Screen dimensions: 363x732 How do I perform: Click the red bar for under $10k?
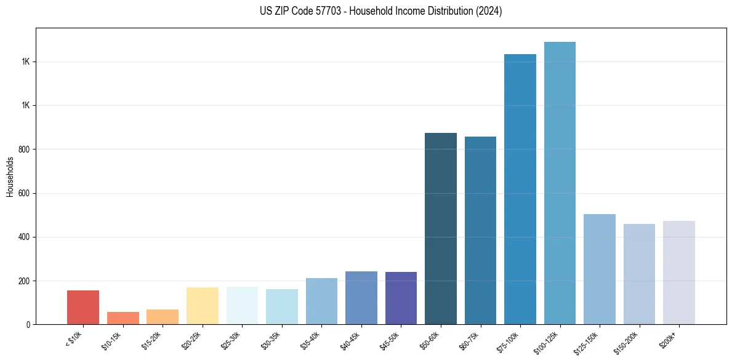pyautogui.click(x=83, y=307)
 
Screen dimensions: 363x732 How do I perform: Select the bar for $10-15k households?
pyautogui.click(x=123, y=318)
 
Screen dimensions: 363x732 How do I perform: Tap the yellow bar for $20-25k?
pyautogui.click(x=203, y=306)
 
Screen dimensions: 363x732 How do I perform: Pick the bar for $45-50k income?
pyautogui.click(x=401, y=298)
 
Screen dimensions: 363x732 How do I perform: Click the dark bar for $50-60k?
pyautogui.click(x=441, y=228)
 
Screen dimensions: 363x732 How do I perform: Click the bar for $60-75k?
pyautogui.click(x=480, y=230)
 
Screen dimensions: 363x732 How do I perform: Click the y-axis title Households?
pyautogui.click(x=10, y=177)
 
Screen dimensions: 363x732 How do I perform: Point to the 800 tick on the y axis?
pyautogui.click(x=25, y=150)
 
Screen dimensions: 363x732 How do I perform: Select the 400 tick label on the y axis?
pyautogui.click(x=25, y=237)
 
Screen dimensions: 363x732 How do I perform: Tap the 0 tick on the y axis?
pyautogui.click(x=28, y=324)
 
